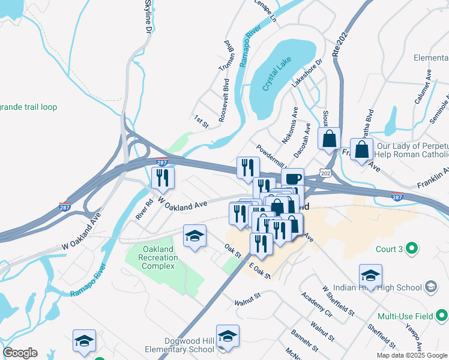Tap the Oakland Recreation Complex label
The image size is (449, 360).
160,257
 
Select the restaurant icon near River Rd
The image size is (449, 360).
163,177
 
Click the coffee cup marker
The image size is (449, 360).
292,178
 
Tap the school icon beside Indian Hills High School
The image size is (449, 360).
370,275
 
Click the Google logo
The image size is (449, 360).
20,353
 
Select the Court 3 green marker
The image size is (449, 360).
412,247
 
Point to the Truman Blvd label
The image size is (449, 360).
228,56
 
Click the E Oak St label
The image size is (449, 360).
259,272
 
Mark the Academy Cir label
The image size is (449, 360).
317,305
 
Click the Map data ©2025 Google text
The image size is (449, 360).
411,355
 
